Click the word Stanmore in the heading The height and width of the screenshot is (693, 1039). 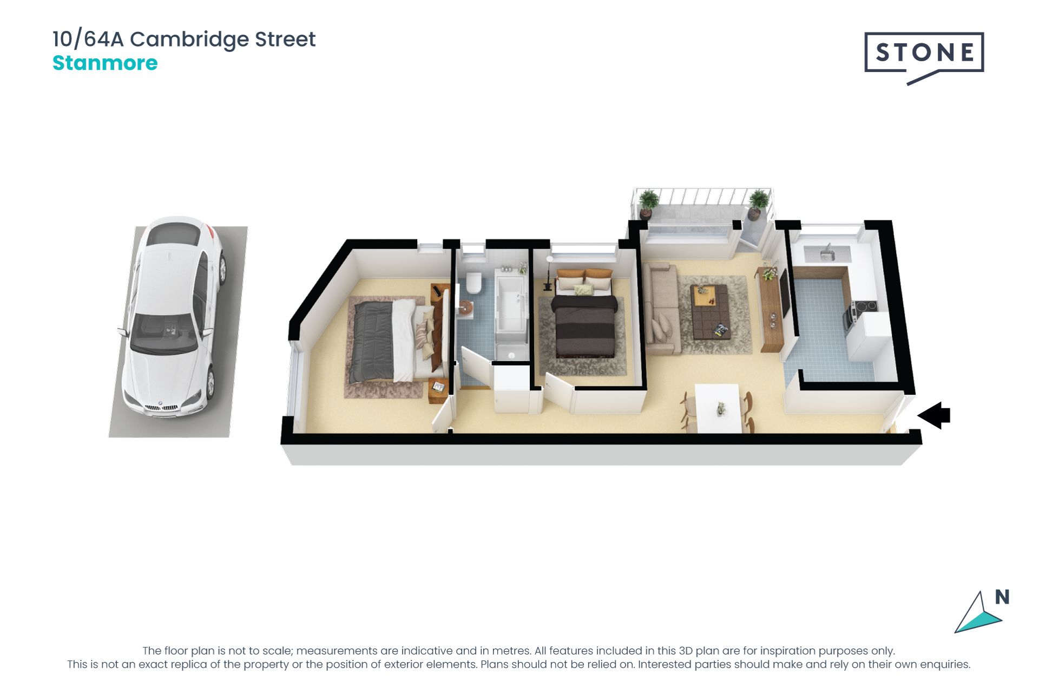tap(105, 63)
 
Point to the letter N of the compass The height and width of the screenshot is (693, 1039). tap(1002, 597)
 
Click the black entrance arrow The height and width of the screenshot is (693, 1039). tap(934, 415)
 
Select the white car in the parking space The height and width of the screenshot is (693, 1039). tap(173, 318)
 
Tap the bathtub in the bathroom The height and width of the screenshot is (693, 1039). tap(511, 304)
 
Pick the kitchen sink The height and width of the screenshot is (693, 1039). tap(826, 253)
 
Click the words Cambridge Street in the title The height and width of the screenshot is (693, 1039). tap(223, 40)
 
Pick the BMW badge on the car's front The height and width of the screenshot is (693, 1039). tap(160, 403)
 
